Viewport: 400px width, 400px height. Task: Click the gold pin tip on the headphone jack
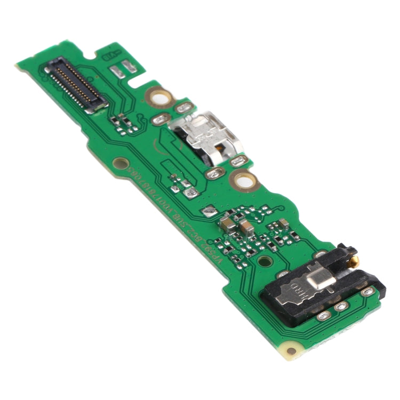click(x=355, y=260)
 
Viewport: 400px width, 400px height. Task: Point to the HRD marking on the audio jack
click(x=298, y=291)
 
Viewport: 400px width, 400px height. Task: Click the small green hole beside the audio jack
click(x=262, y=262)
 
